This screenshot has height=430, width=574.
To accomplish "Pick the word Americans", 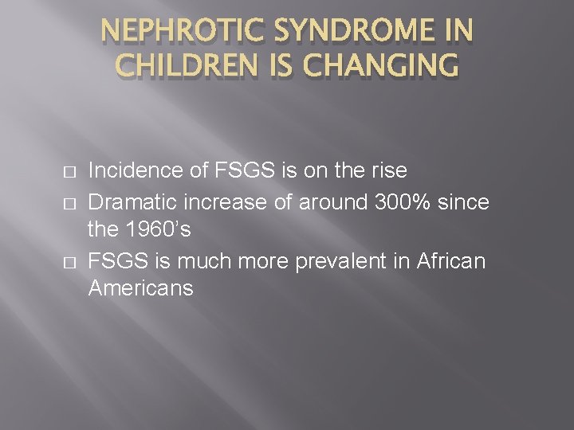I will (140, 287).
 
